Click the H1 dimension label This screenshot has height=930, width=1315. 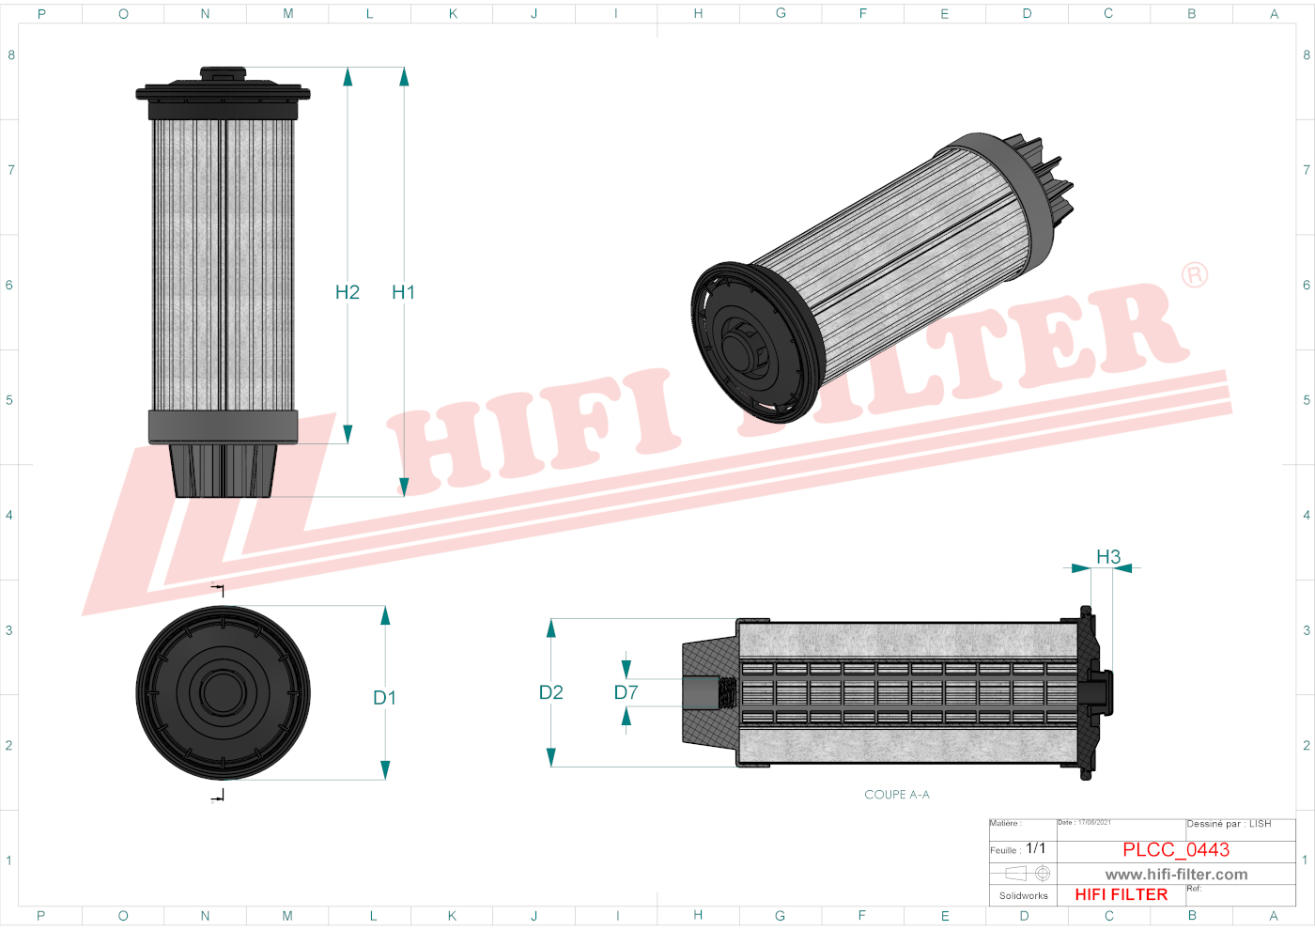point(403,292)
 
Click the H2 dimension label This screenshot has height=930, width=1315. point(348,292)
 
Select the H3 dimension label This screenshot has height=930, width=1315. point(1108,557)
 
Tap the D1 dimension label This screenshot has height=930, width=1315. point(385,698)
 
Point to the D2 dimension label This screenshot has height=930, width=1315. point(551,692)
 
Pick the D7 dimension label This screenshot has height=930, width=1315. point(627,692)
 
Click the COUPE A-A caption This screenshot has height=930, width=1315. point(897,795)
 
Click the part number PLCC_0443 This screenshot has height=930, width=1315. point(1176,849)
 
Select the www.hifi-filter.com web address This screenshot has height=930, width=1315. point(1176,875)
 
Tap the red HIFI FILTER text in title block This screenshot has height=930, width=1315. point(1122,895)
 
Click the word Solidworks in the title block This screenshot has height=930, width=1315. point(1024,896)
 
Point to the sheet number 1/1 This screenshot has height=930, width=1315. point(1036,848)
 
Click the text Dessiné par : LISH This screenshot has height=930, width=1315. point(1229,824)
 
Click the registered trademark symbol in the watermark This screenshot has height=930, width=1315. point(1195,275)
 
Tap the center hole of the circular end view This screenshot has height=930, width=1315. point(223,692)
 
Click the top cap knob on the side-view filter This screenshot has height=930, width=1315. point(223,74)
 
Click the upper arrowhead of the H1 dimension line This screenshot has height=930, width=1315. point(404,77)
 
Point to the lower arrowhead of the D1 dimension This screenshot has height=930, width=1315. point(385,769)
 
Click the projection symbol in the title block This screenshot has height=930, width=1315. point(1027,874)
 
